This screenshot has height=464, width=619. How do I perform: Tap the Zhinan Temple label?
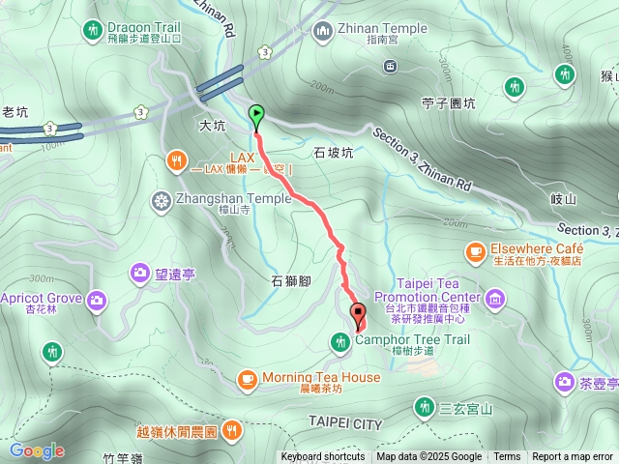coord(382,29)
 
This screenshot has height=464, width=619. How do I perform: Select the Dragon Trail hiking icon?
coord(93,30)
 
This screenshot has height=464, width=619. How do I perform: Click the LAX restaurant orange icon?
coord(175,159)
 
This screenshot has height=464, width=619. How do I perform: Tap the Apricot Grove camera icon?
coord(97,301)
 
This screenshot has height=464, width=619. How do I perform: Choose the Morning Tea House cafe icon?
coord(247,378)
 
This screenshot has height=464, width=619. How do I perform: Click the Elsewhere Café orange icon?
coord(475,252)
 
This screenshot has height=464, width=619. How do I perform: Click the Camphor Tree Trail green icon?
coord(340,340)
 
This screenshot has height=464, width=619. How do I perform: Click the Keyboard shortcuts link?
coord(323,457)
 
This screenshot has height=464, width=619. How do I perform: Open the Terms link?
coord(507,457)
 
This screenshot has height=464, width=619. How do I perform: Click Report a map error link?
coord(573,457)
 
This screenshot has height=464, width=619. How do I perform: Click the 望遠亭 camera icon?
coord(141,275)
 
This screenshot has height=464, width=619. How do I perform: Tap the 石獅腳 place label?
coord(290,281)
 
